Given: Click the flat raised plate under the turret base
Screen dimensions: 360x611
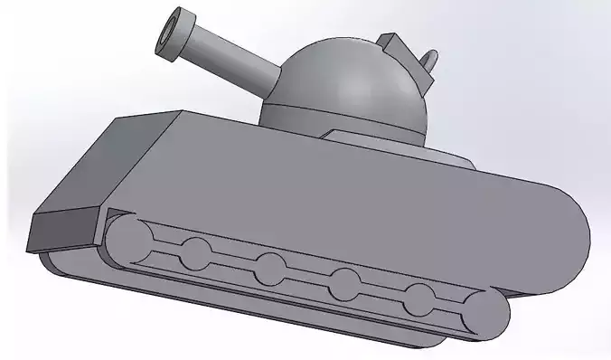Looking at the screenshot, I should click(x=398, y=145).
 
